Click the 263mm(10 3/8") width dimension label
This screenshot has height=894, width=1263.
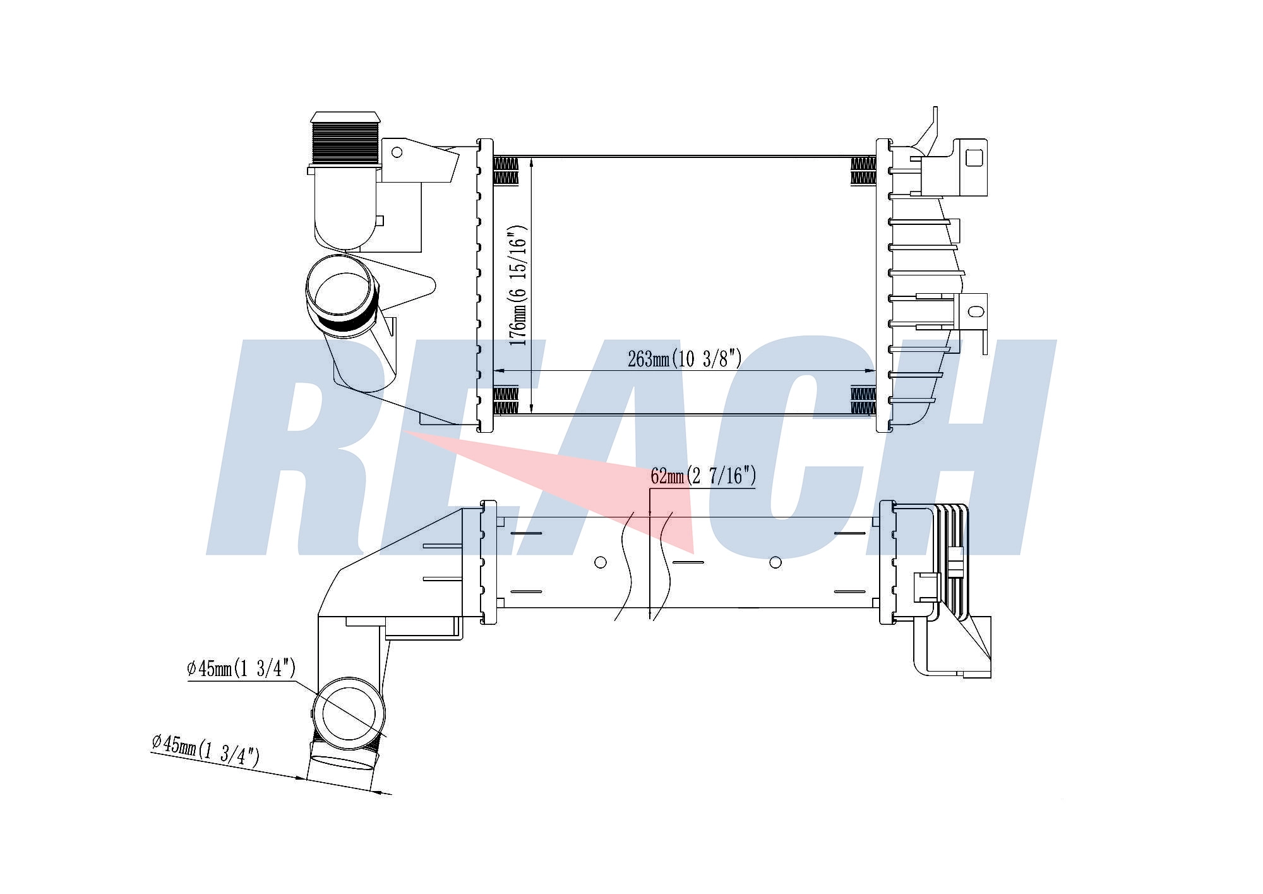click(x=685, y=359)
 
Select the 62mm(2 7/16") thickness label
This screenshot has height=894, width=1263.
click(x=703, y=476)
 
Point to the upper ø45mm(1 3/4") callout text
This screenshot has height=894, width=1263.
click(x=241, y=668)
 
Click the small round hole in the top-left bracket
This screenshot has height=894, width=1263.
click(x=397, y=152)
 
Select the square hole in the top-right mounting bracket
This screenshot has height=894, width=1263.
click(x=975, y=157)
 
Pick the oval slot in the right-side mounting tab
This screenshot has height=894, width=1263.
click(x=976, y=311)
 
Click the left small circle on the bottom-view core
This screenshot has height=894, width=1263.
click(x=601, y=562)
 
